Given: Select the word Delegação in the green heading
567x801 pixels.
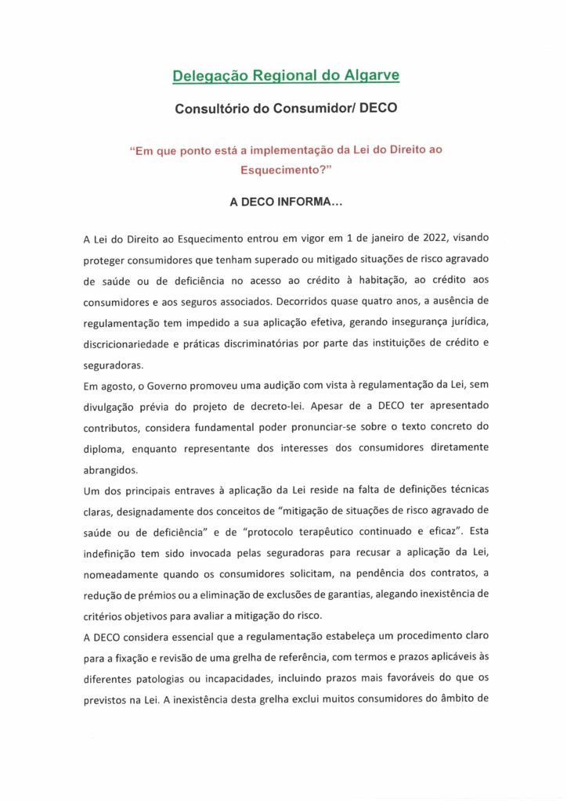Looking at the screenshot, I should (209, 76).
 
